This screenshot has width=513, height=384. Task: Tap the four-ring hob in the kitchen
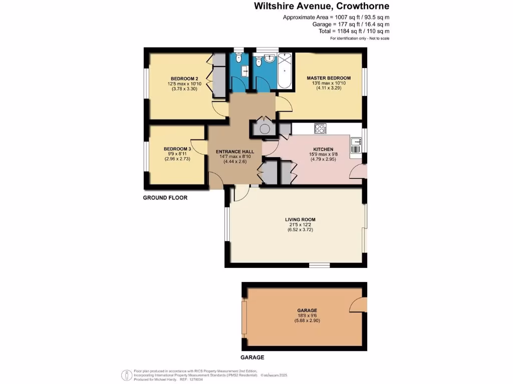point(320,128)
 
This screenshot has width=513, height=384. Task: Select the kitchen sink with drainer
point(355,145)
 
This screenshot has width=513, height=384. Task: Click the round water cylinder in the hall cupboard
point(264,128)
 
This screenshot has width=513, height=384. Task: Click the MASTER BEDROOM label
point(329,78)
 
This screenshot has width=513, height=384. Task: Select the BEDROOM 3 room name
point(177,149)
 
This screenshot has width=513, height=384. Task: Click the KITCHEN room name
point(323,149)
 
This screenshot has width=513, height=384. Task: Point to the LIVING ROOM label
point(300,219)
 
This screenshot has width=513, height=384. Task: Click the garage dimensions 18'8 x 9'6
point(307,315)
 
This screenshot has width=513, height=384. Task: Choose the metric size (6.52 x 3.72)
point(300,230)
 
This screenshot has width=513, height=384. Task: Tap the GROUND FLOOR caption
point(165,198)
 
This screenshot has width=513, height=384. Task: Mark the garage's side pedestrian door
point(357,303)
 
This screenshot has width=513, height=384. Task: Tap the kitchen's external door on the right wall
point(358,172)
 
